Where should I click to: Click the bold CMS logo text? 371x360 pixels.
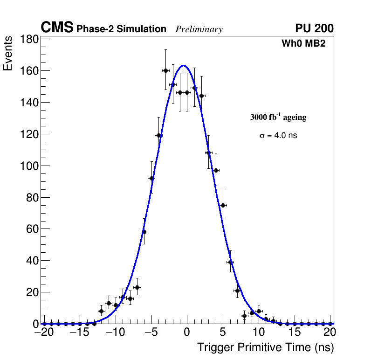pos(57,28)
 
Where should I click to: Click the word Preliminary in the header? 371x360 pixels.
pos(199,29)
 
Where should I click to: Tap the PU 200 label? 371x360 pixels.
pos(314,28)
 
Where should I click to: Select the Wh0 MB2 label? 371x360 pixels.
pos(303,43)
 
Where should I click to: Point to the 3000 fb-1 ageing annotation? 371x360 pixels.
pos(278,118)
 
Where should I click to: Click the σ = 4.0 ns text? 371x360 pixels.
pos(278,136)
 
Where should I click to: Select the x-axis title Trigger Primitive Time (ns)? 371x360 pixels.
pos(265,347)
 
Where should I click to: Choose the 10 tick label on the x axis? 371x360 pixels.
pos(259,332)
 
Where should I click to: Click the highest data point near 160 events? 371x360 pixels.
pos(165,70)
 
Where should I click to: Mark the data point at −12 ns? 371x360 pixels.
pos(101,311)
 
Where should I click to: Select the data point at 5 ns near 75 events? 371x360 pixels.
pos(223,205)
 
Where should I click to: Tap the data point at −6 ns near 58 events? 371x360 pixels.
pos(144,232)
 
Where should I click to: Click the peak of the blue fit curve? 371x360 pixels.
pos(183,65)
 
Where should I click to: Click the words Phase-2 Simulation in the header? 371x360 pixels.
pos(121,29)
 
